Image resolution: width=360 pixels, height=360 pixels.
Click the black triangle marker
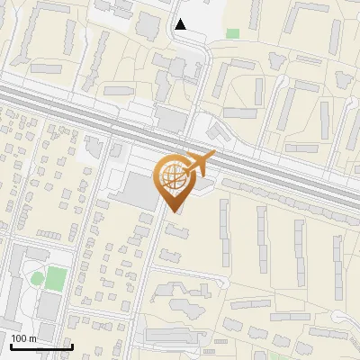pos(182,24)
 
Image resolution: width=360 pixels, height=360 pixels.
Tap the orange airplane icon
pos(200,164)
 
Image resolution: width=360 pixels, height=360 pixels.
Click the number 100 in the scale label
pos(19,338)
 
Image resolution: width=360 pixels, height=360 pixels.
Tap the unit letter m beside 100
pos(32,338)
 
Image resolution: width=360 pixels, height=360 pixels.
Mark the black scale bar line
pos(40,346)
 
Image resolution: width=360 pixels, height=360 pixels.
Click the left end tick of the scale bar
pos(10,345)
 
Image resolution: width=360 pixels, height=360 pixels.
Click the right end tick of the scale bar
pos(71,345)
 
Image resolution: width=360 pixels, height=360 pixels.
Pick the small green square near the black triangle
pos(233,33)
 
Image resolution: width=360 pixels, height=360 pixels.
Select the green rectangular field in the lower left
pos(57,275)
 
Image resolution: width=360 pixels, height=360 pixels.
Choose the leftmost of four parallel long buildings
pos(224,230)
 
